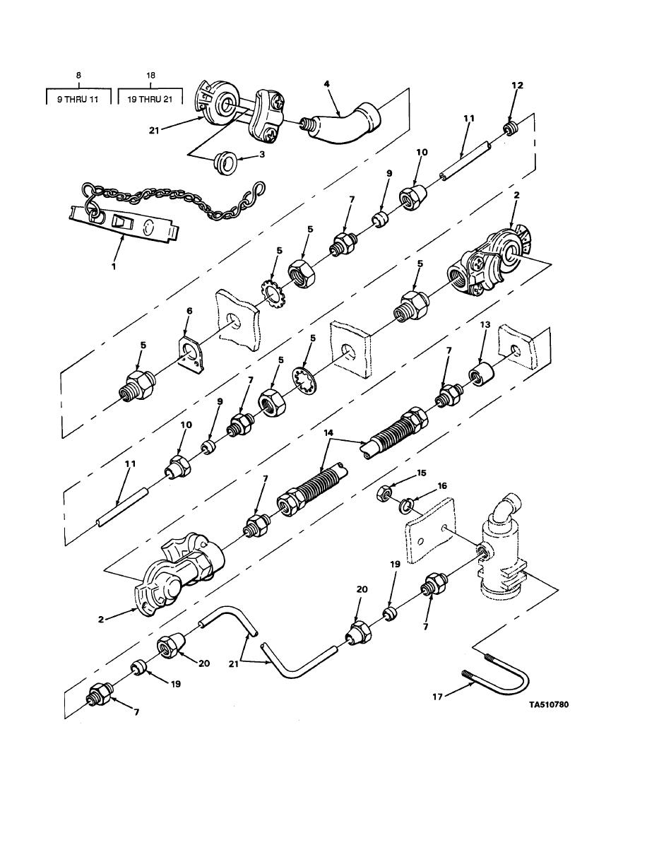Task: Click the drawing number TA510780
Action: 549,704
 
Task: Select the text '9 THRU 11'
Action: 78,99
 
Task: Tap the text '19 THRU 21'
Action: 150,99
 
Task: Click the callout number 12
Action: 517,85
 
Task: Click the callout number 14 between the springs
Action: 328,432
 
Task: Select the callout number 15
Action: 422,473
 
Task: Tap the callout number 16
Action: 442,485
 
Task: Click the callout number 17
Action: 437,697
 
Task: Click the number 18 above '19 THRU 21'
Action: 150,76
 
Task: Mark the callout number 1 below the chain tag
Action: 114,266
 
